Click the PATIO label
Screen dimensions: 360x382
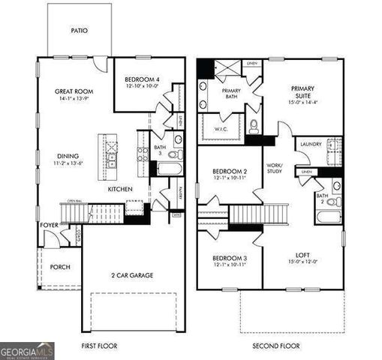(80, 31)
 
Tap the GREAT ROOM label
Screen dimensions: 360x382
(74, 92)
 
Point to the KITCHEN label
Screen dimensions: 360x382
(120, 189)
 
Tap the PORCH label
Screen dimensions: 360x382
(60, 267)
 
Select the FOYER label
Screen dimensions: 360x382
(50, 224)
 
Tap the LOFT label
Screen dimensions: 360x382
(303, 253)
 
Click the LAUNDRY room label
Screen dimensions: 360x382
(310, 143)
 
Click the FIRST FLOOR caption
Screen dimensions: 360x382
(100, 346)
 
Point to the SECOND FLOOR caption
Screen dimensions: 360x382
(275, 346)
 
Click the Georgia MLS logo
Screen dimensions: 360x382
(27, 350)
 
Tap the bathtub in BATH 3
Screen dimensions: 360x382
(167, 168)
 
